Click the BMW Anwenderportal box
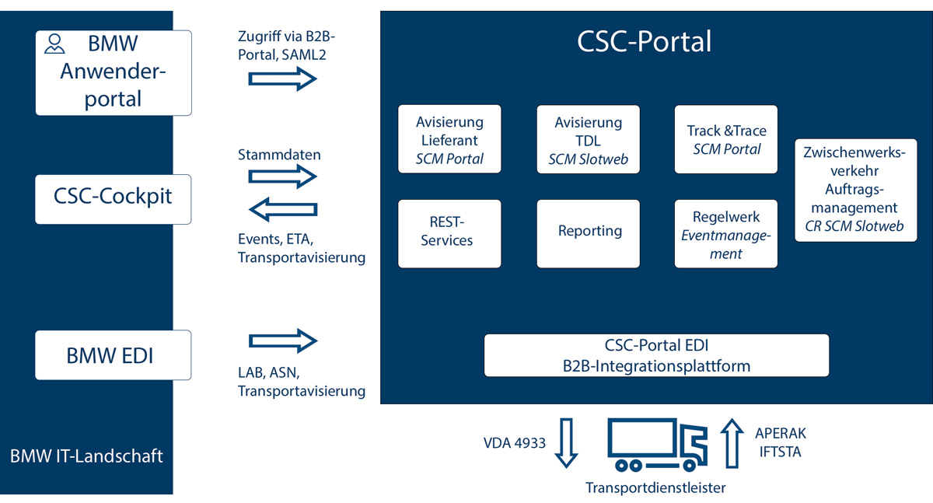114,73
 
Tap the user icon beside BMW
54,43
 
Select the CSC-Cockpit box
114,197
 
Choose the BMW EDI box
114,355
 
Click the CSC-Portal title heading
644,41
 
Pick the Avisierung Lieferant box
449,139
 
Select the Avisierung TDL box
588,139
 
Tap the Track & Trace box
727,139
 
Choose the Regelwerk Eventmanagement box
727,233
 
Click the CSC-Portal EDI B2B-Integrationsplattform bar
656,355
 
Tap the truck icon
658,445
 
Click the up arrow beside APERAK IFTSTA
732,442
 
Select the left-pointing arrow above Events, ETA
281,208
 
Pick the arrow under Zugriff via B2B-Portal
281,79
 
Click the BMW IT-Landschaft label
86,456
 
